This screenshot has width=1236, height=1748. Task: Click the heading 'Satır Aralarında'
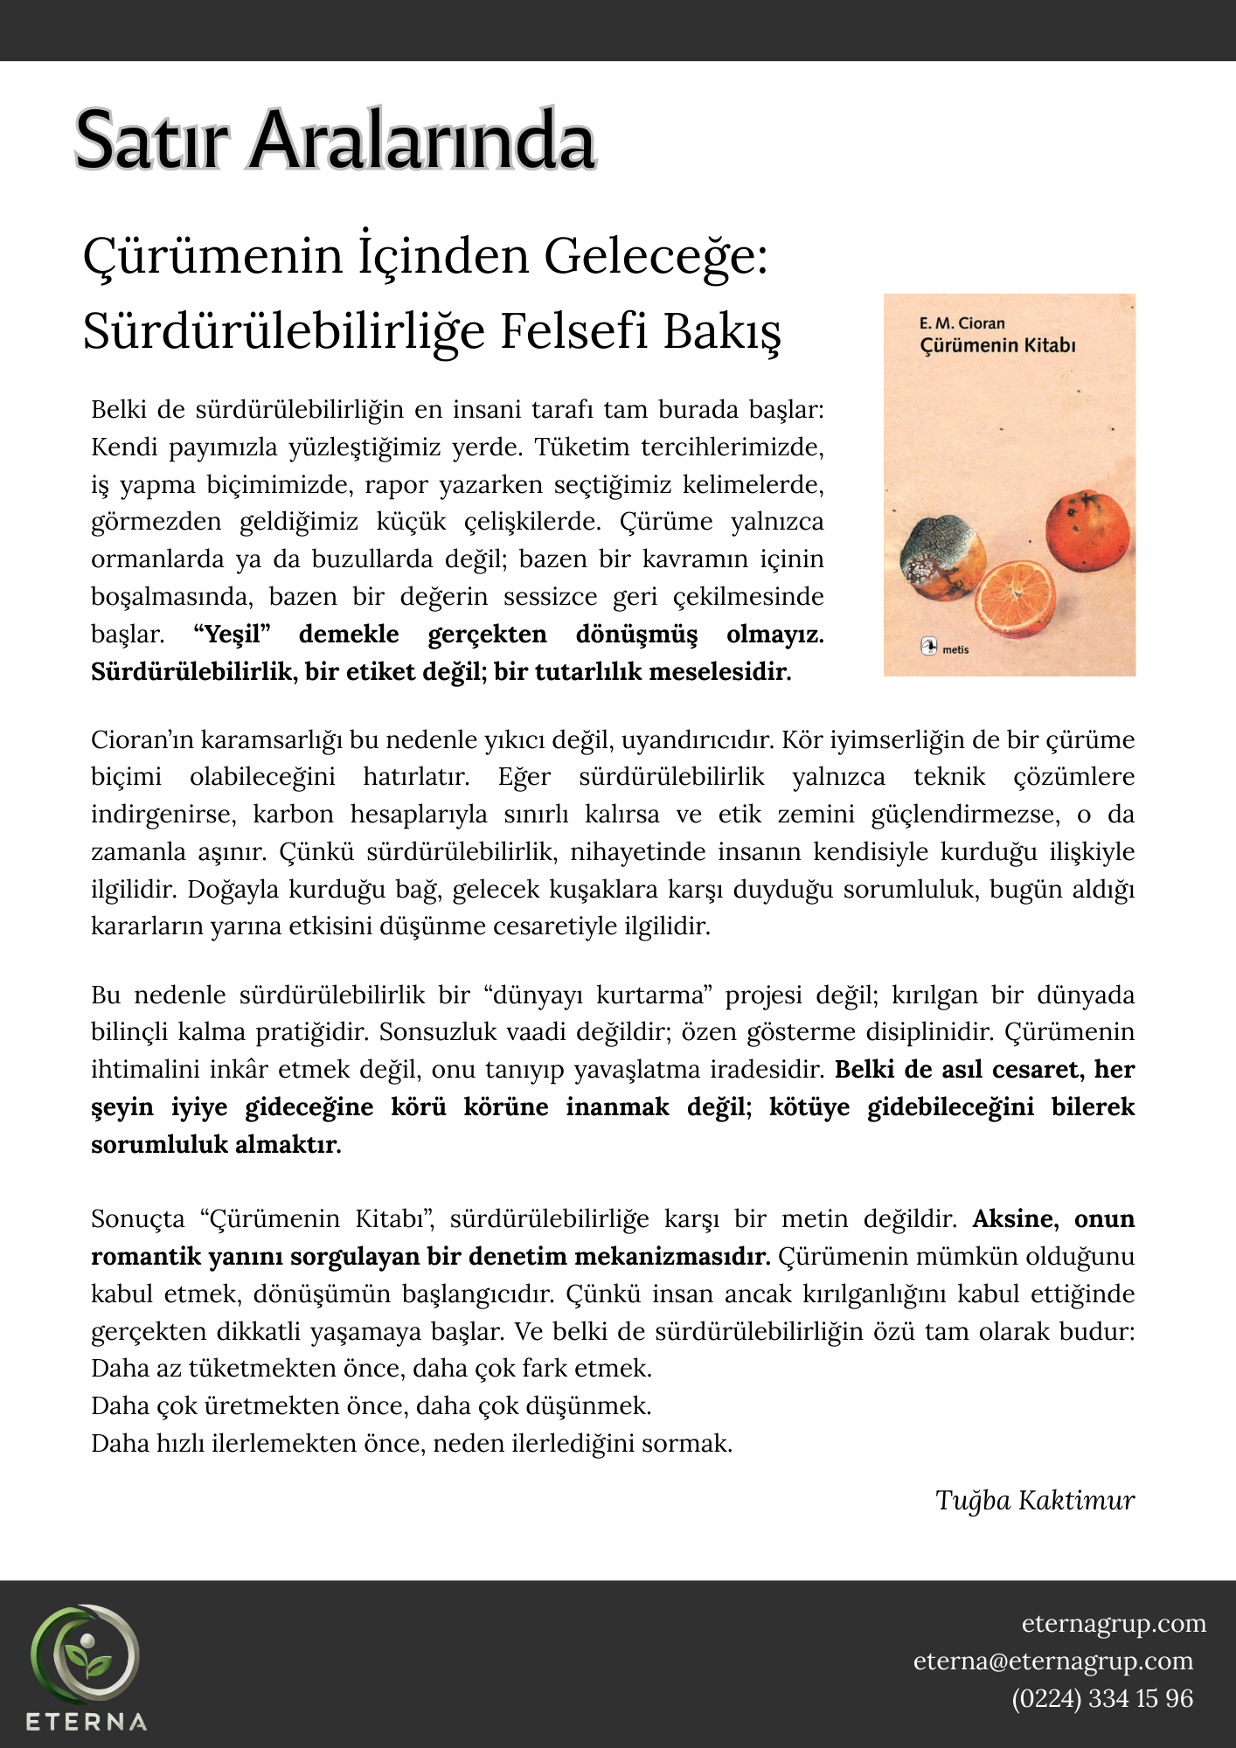335,140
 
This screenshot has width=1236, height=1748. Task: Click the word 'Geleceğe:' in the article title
656,257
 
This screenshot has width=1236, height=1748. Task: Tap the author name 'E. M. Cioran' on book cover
962,323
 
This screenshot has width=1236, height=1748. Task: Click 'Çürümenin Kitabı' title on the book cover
997,345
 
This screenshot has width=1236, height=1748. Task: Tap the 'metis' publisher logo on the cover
946,649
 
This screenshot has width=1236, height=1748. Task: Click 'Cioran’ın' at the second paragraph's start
142,740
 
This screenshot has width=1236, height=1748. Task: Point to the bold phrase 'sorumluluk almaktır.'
216,1145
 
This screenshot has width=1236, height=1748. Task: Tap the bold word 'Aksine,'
1016,1219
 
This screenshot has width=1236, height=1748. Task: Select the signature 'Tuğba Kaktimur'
1034,1501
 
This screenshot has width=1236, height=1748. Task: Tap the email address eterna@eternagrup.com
1052,1661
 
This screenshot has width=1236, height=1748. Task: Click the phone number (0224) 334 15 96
1101,1699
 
